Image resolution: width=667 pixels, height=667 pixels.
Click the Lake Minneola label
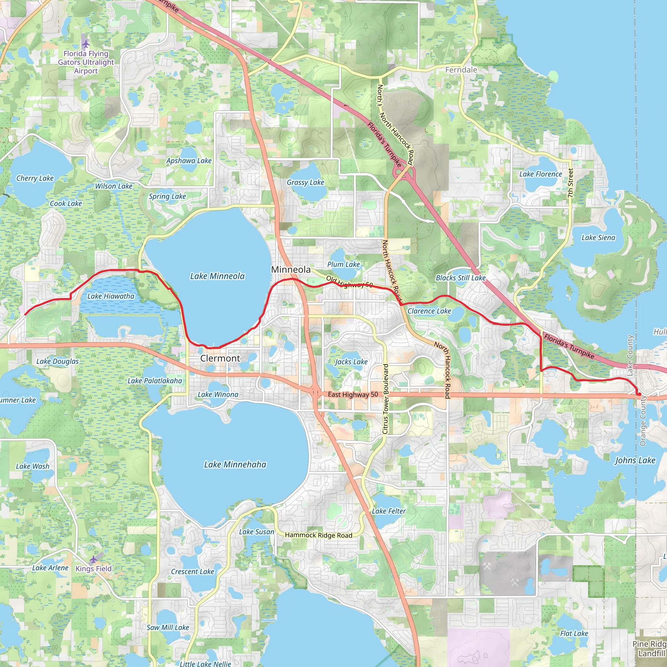click(x=217, y=276)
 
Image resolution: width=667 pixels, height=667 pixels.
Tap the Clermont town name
click(x=220, y=358)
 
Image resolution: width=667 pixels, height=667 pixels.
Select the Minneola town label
click(x=291, y=270)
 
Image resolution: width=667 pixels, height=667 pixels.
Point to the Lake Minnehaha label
click(x=235, y=465)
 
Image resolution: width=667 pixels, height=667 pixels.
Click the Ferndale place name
click(x=461, y=70)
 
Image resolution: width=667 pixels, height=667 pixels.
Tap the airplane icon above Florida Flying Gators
click(x=86, y=44)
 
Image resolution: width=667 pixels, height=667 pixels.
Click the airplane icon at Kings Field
click(x=93, y=559)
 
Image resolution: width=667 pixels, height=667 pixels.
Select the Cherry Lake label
click(x=35, y=178)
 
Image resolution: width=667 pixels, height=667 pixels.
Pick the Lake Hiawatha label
click(x=110, y=296)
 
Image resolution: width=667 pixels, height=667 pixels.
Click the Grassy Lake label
click(x=305, y=183)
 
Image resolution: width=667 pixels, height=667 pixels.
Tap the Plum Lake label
click(x=344, y=264)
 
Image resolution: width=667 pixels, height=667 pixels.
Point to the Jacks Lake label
click(x=351, y=362)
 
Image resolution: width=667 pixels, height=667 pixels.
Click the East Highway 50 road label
click(x=353, y=395)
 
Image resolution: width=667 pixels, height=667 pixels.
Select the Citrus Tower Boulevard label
click(x=386, y=399)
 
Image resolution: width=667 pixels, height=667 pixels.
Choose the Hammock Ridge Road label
click(x=318, y=535)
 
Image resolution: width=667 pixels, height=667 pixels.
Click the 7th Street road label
click(x=570, y=183)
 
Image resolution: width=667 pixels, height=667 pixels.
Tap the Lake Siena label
click(x=598, y=238)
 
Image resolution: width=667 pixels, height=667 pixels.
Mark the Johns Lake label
click(x=635, y=460)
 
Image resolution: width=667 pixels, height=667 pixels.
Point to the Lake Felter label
click(x=389, y=511)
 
